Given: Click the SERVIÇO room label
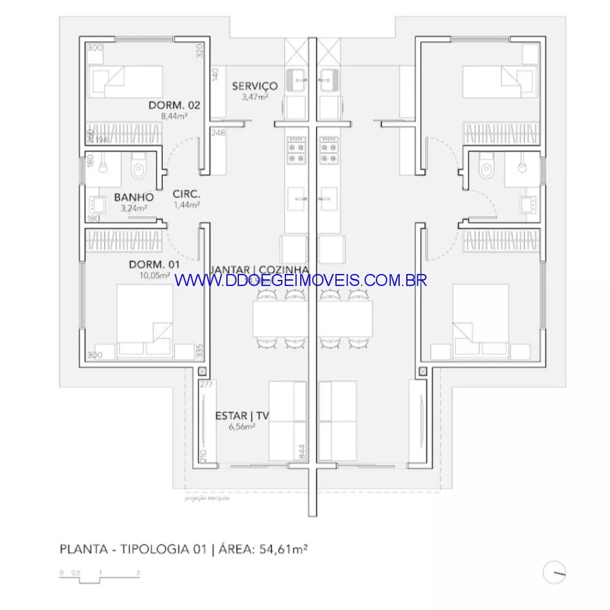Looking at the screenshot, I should point(254,86).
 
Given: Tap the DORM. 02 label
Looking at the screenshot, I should point(174,106).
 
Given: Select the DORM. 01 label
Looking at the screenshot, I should point(154,265).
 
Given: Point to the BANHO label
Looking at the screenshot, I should point(134,198).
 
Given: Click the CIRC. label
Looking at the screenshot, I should point(187,195).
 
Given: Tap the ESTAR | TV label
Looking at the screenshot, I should point(242,416).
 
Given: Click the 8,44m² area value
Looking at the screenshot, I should point(174,116).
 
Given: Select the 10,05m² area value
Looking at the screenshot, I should point(154,274).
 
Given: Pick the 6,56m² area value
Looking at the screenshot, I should point(242,426).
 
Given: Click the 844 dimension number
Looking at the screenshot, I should point(301,451).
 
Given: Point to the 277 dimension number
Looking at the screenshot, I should point(206,384).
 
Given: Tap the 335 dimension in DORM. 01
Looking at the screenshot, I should point(199,350).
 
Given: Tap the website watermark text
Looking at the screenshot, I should point(301,280).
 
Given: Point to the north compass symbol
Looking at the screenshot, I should point(555,573).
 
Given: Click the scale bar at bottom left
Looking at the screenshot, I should point(100,575).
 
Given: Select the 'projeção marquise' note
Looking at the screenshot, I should point(207,498).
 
